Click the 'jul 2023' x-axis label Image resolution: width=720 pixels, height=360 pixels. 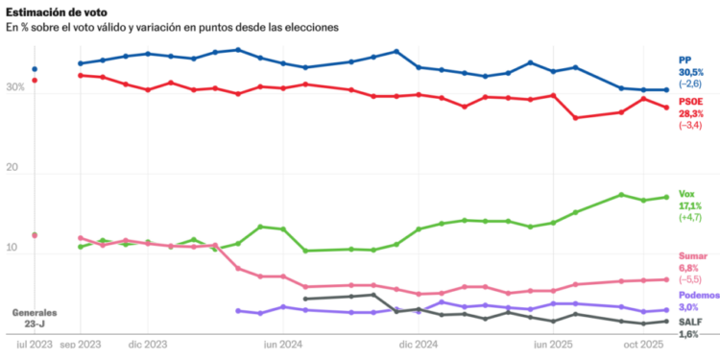pos(34,343)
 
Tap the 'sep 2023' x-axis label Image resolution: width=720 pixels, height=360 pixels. pos(81,343)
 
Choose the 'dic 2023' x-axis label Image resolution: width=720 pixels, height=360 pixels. pos(148,343)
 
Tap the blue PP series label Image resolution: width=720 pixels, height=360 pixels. pos(685,60)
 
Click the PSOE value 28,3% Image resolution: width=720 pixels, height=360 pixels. pos(691,112)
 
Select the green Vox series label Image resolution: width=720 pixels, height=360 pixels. pos(687,193)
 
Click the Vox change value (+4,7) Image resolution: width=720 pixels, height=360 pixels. pos(691,218)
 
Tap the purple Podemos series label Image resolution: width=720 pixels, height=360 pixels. pos(698,294)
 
